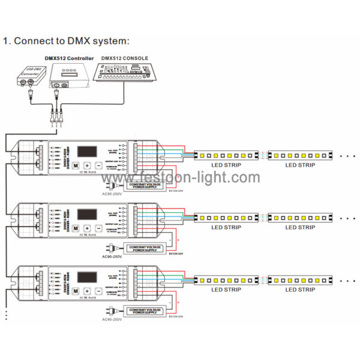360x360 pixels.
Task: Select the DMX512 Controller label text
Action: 69,58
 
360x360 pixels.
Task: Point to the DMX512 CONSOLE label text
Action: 124,58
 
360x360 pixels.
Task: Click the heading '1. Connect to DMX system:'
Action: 66,41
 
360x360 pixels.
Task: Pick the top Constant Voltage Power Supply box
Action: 145,186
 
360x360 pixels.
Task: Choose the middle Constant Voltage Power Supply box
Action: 145,248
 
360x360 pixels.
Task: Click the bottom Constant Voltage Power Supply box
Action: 145,310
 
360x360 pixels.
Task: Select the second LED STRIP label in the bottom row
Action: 299,290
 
